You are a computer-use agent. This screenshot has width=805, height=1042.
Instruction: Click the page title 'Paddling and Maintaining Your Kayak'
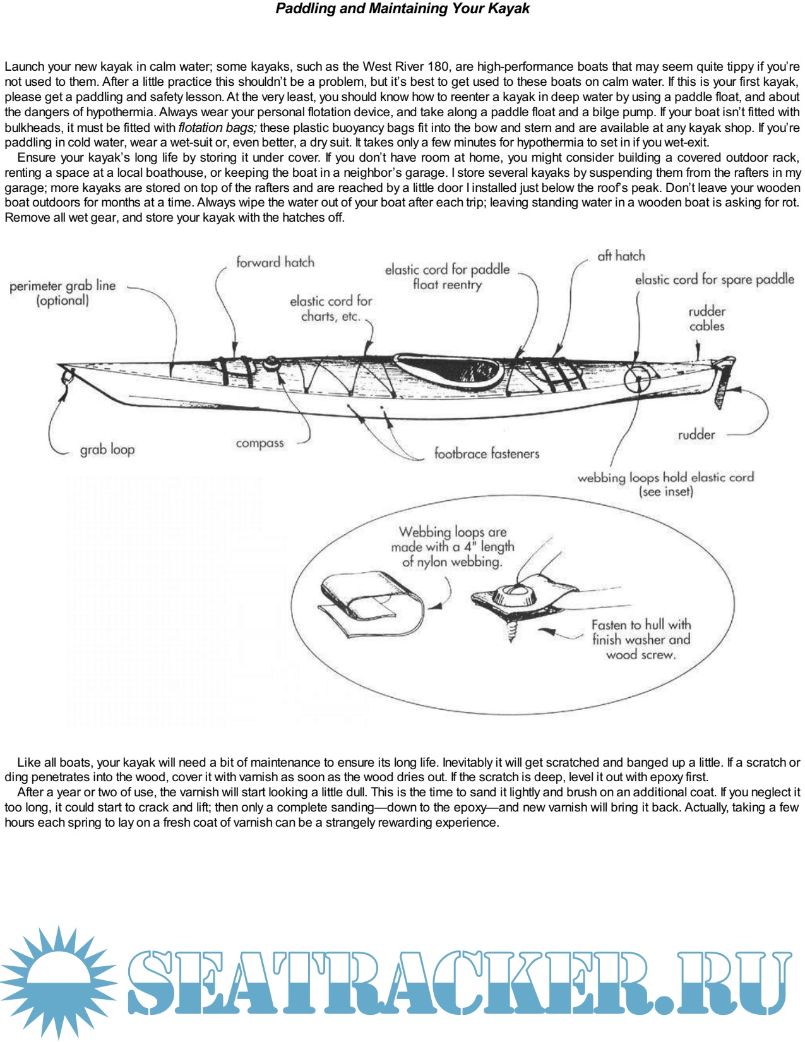(x=402, y=9)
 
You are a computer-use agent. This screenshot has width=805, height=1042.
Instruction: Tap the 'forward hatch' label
(x=275, y=262)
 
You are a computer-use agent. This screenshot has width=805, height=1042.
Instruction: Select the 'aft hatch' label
(x=621, y=256)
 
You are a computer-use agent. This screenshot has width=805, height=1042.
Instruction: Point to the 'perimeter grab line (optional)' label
(x=63, y=293)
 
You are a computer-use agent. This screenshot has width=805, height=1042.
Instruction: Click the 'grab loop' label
(x=107, y=450)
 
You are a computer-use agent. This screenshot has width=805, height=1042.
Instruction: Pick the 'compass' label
(x=259, y=443)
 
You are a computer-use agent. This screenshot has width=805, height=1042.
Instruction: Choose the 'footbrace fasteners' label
(x=486, y=453)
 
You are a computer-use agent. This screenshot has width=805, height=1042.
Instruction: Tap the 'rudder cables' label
(x=707, y=319)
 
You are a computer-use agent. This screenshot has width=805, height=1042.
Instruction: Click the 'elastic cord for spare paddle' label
(x=714, y=279)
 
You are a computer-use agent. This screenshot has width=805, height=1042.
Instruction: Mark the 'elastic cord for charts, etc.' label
(x=331, y=308)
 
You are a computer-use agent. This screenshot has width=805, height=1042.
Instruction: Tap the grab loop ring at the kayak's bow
(x=66, y=378)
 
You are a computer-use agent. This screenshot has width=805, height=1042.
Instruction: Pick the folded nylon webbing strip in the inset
(x=369, y=604)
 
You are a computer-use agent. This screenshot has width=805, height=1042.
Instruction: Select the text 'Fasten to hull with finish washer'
(x=641, y=632)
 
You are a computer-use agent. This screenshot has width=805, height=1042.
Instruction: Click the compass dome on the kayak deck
(x=271, y=362)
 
